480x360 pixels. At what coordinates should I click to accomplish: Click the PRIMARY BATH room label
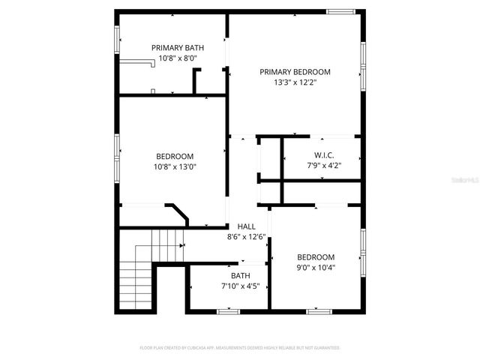(178, 47)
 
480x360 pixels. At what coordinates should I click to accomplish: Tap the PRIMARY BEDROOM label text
(295, 72)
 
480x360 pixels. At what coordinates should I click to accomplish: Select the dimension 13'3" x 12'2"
(295, 82)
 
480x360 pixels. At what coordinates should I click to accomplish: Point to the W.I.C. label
(323, 155)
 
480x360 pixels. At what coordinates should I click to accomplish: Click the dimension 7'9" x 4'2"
(323, 166)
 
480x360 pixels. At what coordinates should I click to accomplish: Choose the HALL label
(247, 226)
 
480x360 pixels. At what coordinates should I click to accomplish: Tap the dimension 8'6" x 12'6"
(247, 237)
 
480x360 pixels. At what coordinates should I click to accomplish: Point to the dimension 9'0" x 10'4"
(316, 267)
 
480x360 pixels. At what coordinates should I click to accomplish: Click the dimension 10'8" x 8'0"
(178, 58)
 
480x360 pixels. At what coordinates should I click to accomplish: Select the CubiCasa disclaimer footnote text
(240, 347)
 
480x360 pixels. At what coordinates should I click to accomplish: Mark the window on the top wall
(340, 11)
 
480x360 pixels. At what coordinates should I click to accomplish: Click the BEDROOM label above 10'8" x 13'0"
(175, 156)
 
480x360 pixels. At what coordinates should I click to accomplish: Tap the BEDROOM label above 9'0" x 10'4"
(316, 256)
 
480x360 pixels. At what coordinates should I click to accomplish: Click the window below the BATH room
(227, 310)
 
